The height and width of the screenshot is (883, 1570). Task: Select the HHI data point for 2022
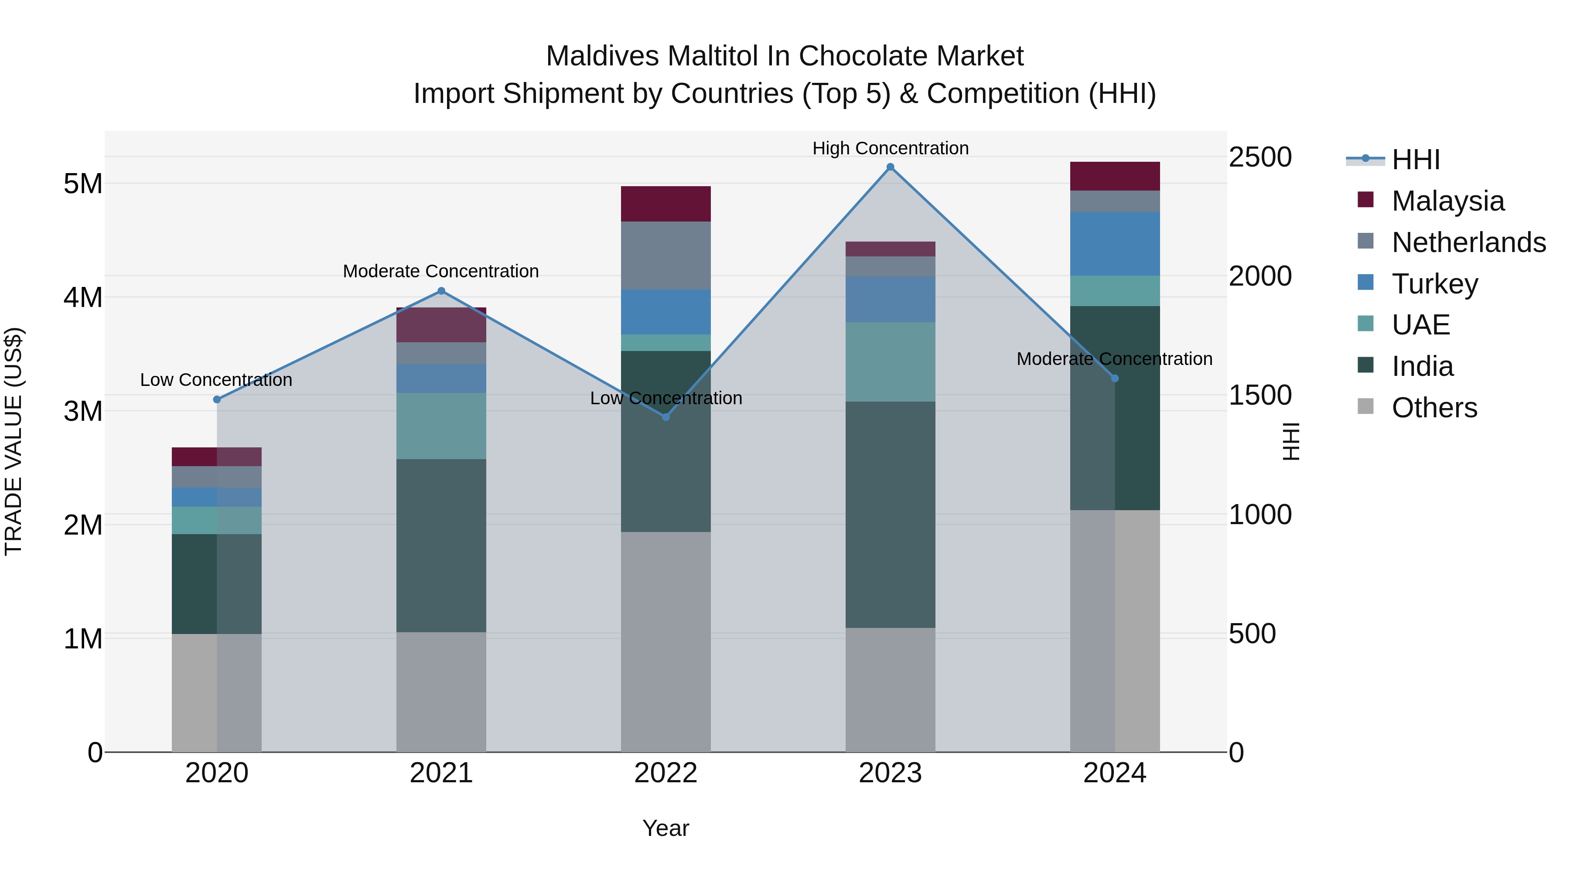(666, 417)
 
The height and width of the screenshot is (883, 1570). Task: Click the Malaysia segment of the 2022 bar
(666, 204)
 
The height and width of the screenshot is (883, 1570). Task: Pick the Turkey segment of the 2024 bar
(1115, 244)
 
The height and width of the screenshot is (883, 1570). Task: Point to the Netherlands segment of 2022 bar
(666, 256)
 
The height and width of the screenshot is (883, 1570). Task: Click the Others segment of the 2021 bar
(441, 692)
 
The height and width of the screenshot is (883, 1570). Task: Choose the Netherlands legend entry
(1468, 242)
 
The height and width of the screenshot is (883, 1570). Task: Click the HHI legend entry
(1415, 160)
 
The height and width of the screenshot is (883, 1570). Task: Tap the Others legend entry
(1434, 407)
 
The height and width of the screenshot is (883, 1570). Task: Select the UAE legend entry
(1420, 325)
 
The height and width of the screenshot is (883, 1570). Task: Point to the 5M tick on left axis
(83, 184)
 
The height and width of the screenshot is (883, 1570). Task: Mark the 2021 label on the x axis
(441, 773)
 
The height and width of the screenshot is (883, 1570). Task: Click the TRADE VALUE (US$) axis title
(14, 441)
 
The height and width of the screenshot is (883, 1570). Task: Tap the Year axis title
(666, 828)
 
